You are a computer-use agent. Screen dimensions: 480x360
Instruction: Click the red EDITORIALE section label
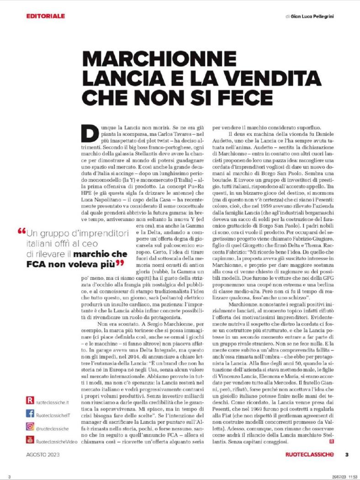pyautogui.click(x=46, y=16)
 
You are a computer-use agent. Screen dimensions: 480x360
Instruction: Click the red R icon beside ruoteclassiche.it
pyautogui.click(x=30, y=401)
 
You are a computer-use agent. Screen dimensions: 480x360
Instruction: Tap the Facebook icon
pyautogui.click(x=30, y=414)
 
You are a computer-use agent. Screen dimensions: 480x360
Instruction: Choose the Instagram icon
pyautogui.click(x=30, y=427)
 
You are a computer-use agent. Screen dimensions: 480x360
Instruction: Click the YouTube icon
pyautogui.click(x=30, y=440)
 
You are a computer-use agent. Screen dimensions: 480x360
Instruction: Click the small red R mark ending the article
pyautogui.click(x=331, y=442)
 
